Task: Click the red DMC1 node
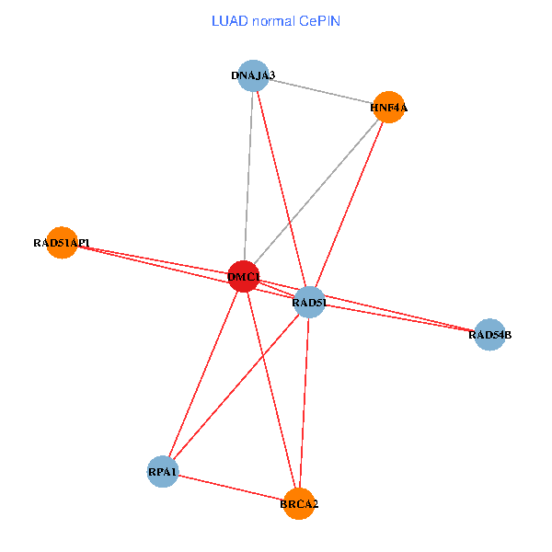pyautogui.click(x=243, y=277)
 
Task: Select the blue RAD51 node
pyautogui.click(x=310, y=302)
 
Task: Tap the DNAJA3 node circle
pyautogui.click(x=253, y=75)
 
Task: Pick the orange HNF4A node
pyautogui.click(x=388, y=108)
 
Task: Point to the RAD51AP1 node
pyautogui.click(x=61, y=243)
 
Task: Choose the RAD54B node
pyautogui.click(x=489, y=335)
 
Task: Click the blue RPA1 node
pyautogui.click(x=163, y=472)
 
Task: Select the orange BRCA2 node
pyautogui.click(x=300, y=503)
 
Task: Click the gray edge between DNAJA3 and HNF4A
pyautogui.click(x=321, y=92)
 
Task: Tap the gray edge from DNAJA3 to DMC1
pyautogui.click(x=248, y=175)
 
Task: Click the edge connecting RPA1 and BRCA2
pyautogui.click(x=230, y=488)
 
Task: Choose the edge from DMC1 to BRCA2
pyautogui.click(x=271, y=390)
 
